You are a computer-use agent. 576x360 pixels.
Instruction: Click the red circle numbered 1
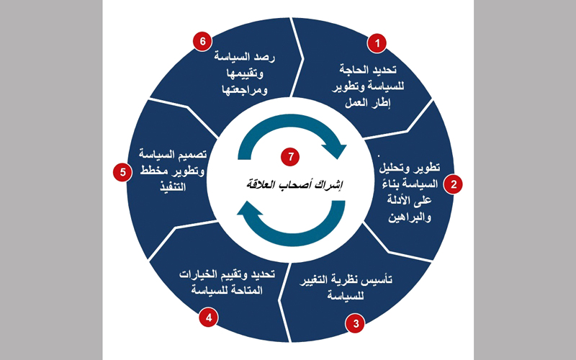click(375, 43)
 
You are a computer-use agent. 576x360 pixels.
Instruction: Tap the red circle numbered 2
click(453, 184)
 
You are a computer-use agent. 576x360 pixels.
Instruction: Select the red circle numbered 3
click(355, 323)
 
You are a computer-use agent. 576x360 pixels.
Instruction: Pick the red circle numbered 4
click(208, 317)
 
